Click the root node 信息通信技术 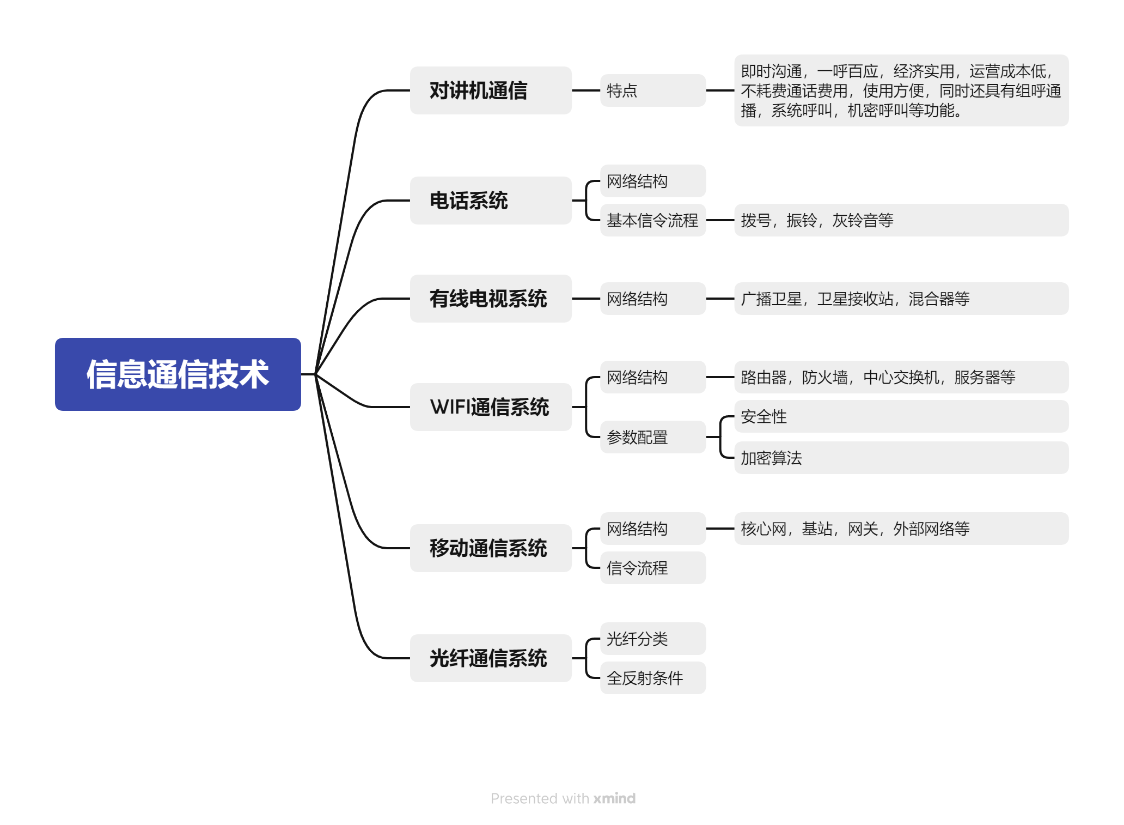click(x=178, y=374)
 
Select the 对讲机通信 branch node click(x=490, y=90)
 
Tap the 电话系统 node click(x=490, y=201)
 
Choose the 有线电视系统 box click(x=490, y=299)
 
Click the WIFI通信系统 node click(x=490, y=407)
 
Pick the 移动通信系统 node click(x=490, y=548)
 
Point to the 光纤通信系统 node click(x=490, y=658)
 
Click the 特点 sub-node click(x=652, y=90)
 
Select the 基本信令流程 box click(x=652, y=220)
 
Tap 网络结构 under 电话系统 click(x=652, y=181)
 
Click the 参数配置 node click(x=652, y=437)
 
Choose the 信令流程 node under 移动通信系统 click(x=652, y=568)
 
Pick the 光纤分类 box click(x=652, y=639)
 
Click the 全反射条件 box click(x=652, y=678)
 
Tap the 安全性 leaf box click(x=901, y=416)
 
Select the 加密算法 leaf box click(x=901, y=458)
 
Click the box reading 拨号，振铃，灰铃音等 click(x=901, y=220)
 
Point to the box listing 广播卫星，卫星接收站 click(x=901, y=299)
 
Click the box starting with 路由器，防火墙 click(x=901, y=377)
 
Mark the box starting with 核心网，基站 click(x=901, y=529)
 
